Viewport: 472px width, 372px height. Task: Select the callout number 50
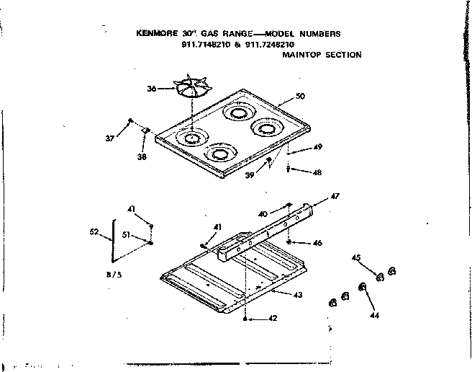[x=300, y=97]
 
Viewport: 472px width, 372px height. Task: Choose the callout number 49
[x=317, y=147]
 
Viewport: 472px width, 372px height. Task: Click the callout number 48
[x=317, y=172]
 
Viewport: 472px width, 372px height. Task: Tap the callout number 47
[x=334, y=196]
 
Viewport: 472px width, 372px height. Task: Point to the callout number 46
[x=317, y=243]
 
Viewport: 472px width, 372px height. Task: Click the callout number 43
[x=298, y=295]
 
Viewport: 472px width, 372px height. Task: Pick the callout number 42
[x=273, y=318]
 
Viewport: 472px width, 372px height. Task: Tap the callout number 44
[x=373, y=315]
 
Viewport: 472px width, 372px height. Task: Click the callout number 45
[x=355, y=257]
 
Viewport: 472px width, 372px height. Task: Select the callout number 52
[x=93, y=232]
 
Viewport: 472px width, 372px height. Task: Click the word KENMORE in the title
[x=155, y=33]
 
